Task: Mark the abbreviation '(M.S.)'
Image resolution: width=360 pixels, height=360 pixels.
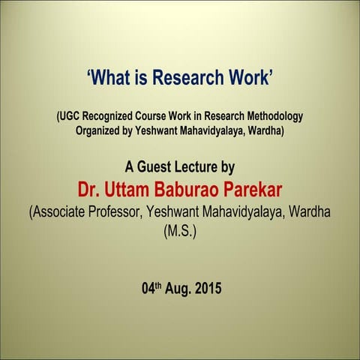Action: coord(179,232)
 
